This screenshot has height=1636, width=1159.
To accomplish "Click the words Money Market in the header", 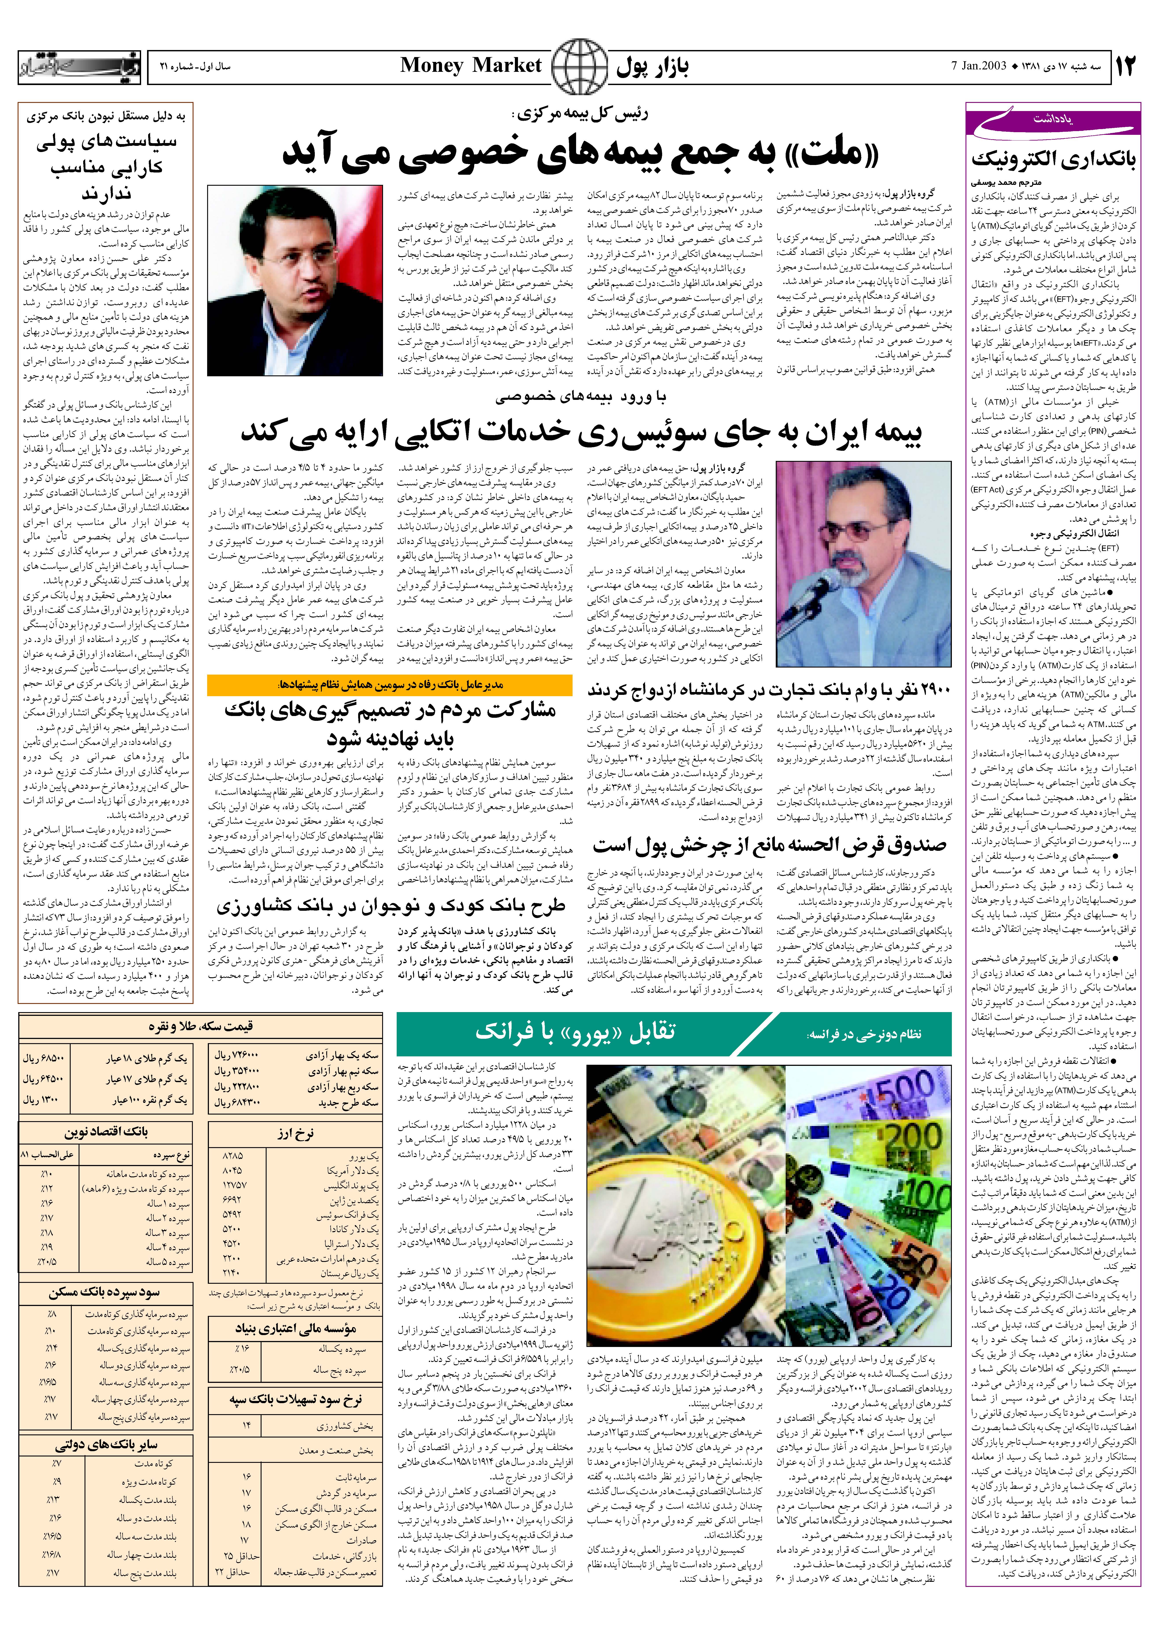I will pyautogui.click(x=471, y=66).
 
